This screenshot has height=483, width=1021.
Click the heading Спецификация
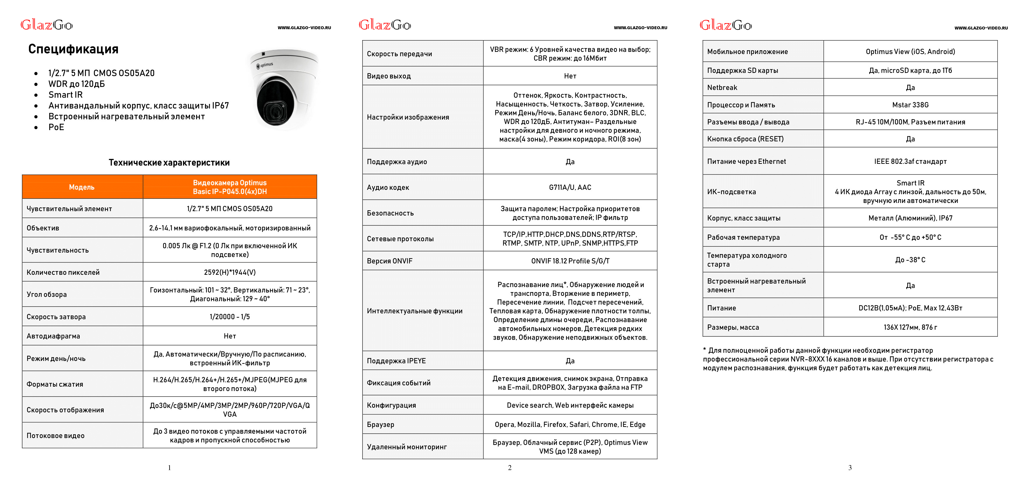pos(73,49)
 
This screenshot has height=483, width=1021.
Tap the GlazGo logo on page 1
pos(47,25)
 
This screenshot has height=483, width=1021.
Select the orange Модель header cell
pos(82,187)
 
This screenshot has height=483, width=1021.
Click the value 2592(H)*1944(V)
pos(230,272)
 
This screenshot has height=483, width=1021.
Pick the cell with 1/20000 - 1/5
pos(230,317)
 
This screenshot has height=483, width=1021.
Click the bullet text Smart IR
pos(65,95)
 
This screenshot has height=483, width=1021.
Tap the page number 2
pos(510,468)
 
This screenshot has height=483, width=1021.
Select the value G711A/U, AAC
pos(570,187)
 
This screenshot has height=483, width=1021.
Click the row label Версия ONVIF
pos(390,261)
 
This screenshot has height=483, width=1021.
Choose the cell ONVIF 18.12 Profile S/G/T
pos(570,261)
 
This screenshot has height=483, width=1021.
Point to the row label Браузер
pos(381,425)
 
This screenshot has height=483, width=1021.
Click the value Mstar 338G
pos(910,105)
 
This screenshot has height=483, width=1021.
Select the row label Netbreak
pos(722,88)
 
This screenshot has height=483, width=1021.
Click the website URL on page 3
pos(981,28)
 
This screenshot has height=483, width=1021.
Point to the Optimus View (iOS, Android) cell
pos(910,52)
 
